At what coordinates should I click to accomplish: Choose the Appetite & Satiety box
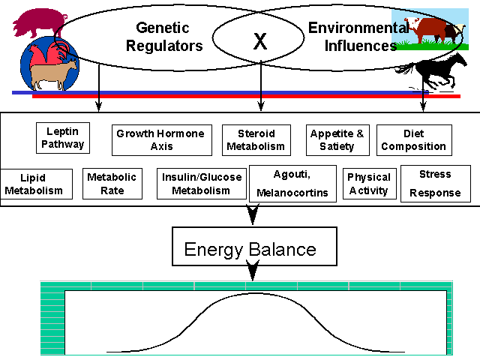click(x=337, y=139)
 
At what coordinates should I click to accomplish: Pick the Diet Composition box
click(x=414, y=139)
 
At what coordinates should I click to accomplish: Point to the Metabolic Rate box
click(x=112, y=184)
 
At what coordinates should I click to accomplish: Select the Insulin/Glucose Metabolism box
click(x=202, y=184)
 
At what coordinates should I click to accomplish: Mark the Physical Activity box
click(x=368, y=184)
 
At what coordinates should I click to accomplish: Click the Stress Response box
click(x=435, y=184)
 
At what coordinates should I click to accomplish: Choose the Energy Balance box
click(x=250, y=249)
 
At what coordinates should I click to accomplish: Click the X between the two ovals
click(x=259, y=42)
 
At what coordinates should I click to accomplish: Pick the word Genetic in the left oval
click(x=161, y=28)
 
